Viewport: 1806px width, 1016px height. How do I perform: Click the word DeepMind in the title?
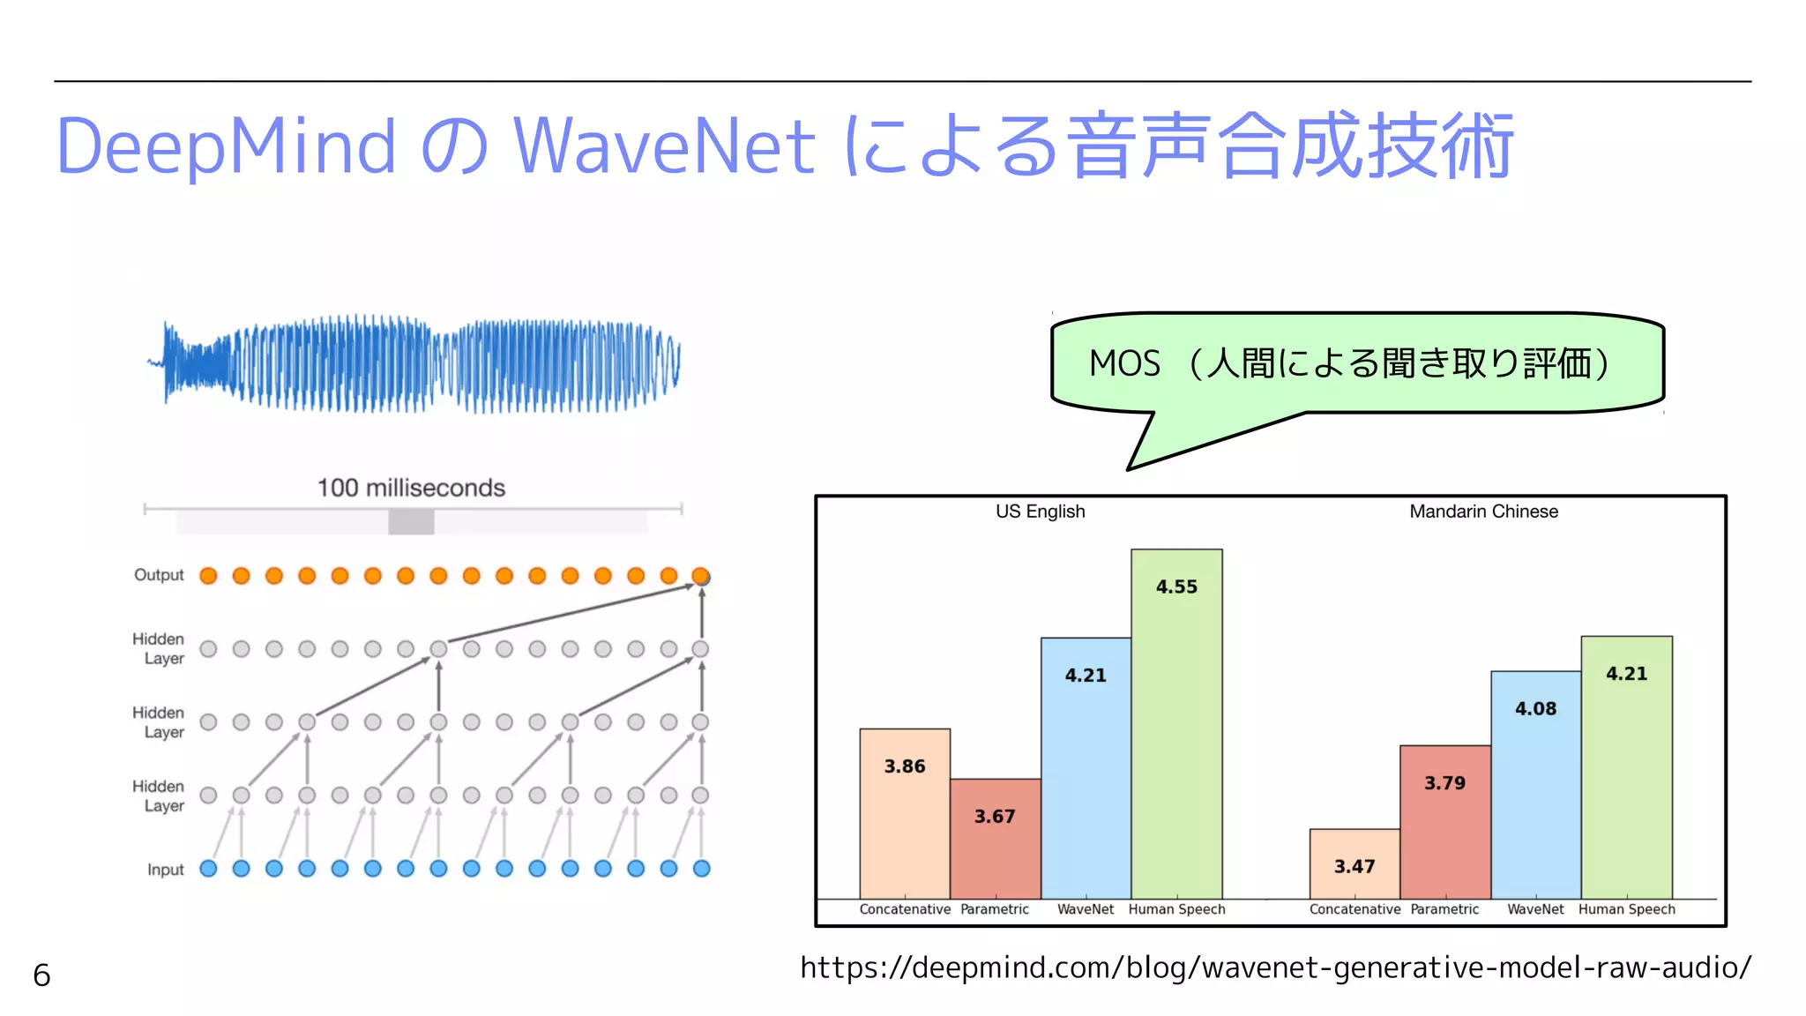[226, 146]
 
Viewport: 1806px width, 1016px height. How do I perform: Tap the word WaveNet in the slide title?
[663, 146]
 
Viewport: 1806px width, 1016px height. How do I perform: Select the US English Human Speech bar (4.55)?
[1176, 723]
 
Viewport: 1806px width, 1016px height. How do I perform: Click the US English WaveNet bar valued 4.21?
[1085, 767]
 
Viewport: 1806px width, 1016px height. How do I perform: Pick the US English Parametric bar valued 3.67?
[995, 838]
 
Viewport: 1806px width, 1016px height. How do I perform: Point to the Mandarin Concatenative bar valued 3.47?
[1354, 863]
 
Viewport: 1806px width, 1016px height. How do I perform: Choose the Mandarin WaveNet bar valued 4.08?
[1535, 785]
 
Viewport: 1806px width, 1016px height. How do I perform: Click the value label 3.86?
[905, 766]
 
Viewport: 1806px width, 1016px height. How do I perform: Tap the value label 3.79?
[1444, 783]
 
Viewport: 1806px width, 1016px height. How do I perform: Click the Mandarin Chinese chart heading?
[1483, 512]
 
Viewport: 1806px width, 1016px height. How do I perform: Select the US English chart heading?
[1040, 512]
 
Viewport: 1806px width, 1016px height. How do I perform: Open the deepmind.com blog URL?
[1275, 968]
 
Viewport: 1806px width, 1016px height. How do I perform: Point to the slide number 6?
[41, 975]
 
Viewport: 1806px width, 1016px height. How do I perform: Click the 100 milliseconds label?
[411, 488]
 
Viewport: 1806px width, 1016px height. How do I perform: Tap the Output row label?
[159, 575]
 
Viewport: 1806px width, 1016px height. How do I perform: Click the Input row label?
[165, 870]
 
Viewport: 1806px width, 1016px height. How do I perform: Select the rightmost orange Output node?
[701, 576]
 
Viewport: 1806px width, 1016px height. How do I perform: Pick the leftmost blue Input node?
[208, 869]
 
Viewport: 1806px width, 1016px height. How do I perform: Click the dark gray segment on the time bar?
[411, 522]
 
